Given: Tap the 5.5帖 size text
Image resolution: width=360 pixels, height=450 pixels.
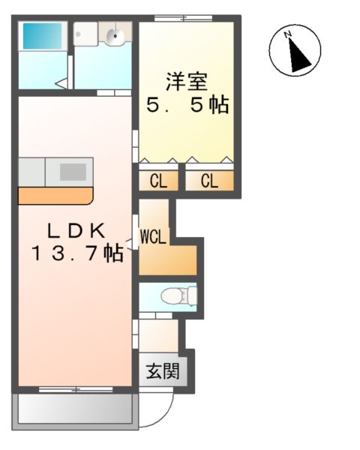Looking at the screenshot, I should (x=187, y=105).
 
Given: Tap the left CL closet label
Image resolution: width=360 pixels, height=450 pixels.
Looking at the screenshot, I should (x=157, y=181).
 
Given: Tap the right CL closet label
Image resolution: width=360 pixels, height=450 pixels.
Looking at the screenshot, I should (x=209, y=181).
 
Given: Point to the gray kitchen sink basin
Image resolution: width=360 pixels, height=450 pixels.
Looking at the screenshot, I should (x=73, y=171).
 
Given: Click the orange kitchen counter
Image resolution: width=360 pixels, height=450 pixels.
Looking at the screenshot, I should (x=55, y=195).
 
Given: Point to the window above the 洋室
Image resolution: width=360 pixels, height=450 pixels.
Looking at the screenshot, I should (x=183, y=16).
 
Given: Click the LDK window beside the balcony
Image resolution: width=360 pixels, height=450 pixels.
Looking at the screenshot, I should (x=74, y=390).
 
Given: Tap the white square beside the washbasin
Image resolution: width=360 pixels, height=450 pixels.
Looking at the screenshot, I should (x=84, y=32).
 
